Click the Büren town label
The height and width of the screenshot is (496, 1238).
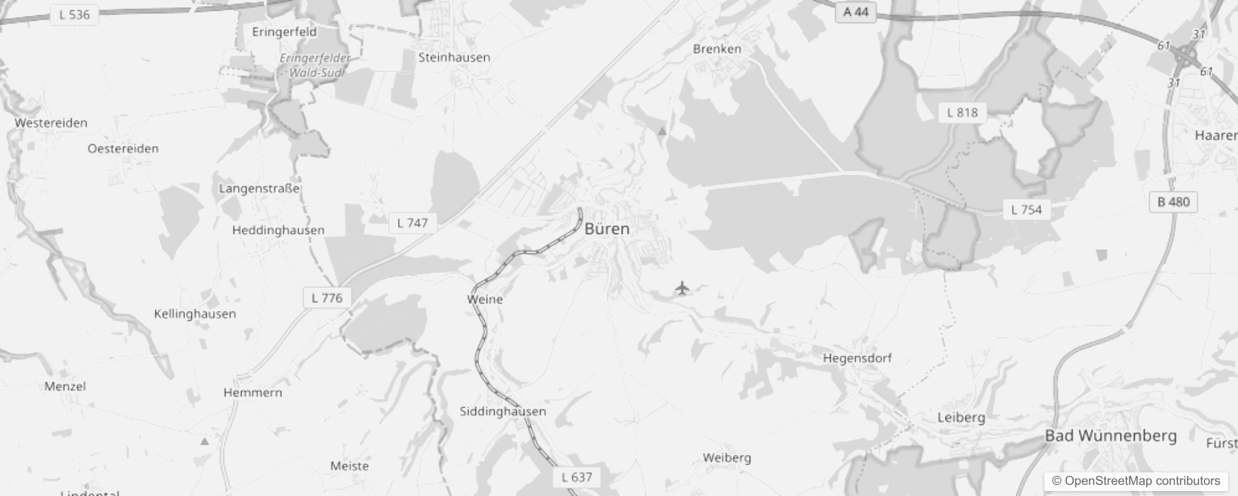[607, 229]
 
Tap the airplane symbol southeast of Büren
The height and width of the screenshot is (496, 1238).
[682, 288]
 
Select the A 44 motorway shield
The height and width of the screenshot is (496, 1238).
[856, 12]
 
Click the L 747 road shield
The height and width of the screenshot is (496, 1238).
[412, 223]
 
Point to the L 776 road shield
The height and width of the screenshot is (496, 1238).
[327, 298]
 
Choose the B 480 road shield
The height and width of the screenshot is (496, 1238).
[1173, 201]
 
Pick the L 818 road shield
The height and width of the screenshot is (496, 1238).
[962, 112]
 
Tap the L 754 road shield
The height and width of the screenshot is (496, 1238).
[1026, 210]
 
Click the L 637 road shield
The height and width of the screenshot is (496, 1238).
[577, 477]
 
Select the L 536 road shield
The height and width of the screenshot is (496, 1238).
[74, 14]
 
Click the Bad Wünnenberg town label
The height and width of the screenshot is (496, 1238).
[1111, 436]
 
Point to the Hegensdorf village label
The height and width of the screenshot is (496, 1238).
[857, 358]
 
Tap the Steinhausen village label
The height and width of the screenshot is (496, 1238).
[454, 57]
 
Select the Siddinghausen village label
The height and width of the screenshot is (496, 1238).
[503, 411]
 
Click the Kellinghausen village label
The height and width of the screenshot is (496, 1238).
[195, 314]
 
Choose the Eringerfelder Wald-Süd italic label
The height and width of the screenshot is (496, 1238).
[314, 65]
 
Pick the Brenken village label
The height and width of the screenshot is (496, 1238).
[717, 48]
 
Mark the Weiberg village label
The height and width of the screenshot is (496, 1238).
[727, 458]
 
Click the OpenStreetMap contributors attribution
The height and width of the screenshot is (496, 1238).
[1136, 480]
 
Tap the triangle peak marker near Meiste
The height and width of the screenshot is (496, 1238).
[205, 441]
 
